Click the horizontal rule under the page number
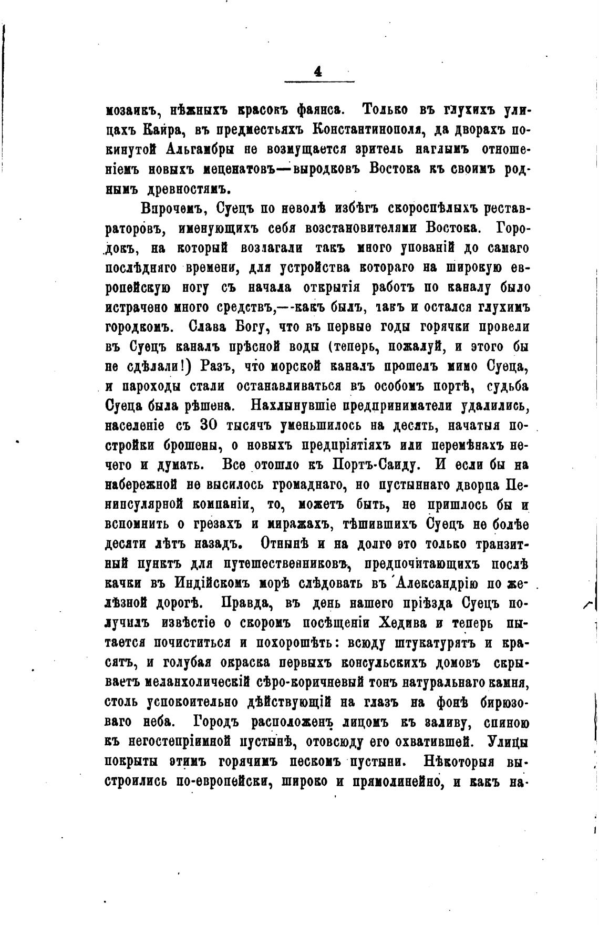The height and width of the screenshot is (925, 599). [x=319, y=81]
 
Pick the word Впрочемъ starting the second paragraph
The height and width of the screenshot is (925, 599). [x=175, y=208]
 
